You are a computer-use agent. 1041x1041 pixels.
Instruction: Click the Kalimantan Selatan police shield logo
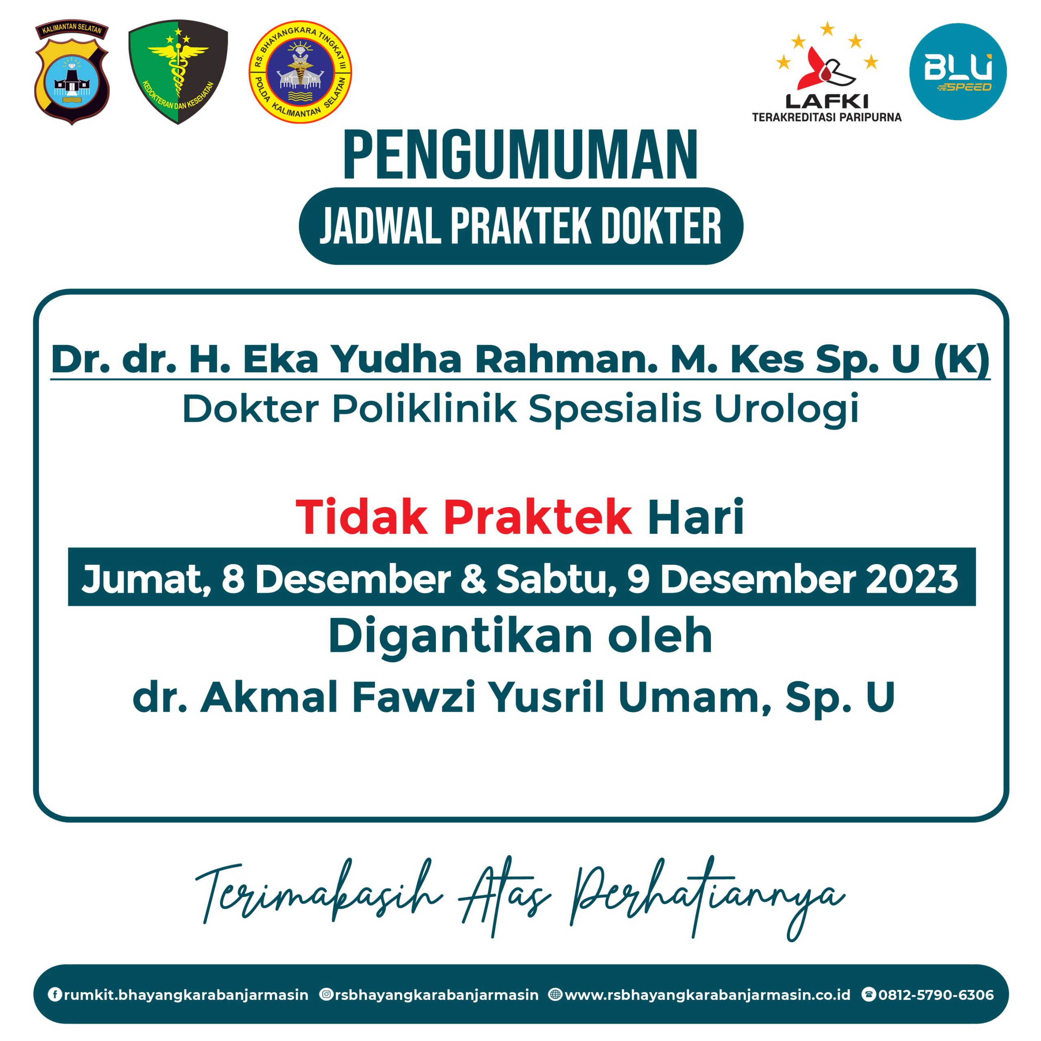click(72, 73)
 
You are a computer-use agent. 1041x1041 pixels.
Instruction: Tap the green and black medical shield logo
click(178, 72)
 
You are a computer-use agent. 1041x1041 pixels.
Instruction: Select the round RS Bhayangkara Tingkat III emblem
click(300, 72)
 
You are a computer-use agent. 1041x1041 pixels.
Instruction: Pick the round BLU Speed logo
click(958, 72)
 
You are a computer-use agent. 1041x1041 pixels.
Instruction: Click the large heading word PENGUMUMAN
click(520, 156)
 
